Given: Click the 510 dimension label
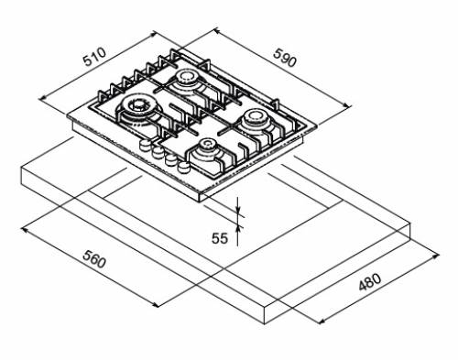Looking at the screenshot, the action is tap(95, 57).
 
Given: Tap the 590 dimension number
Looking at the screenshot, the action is tap(285, 58).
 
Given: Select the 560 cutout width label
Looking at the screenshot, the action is tap(94, 259).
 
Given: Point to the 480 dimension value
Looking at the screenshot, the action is tap(370, 282).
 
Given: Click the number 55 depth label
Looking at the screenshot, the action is tap(220, 238).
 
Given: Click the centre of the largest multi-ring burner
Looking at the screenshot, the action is tap(137, 106).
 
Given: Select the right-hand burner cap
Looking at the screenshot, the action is tap(254, 117).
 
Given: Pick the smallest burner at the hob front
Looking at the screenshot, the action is tap(207, 145).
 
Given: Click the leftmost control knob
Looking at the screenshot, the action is tap(145, 145).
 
